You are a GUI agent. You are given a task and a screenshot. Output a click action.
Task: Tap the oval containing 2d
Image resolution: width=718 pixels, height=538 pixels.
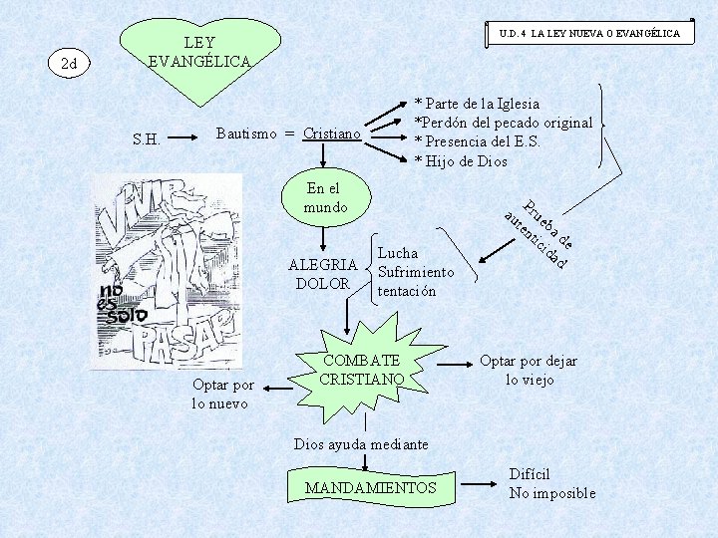pyautogui.click(x=70, y=65)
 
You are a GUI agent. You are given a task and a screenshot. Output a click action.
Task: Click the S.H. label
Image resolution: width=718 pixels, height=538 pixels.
pyautogui.click(x=147, y=138)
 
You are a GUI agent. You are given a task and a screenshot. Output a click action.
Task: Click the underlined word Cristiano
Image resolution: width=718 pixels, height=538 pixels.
pyautogui.click(x=332, y=134)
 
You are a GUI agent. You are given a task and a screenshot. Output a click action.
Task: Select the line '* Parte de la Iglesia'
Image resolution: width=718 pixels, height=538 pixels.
pyautogui.click(x=478, y=104)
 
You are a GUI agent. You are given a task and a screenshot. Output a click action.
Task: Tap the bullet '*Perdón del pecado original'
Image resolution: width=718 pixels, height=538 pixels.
pyautogui.click(x=504, y=123)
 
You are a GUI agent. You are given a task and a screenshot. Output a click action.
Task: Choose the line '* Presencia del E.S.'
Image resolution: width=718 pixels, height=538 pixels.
pyautogui.click(x=478, y=141)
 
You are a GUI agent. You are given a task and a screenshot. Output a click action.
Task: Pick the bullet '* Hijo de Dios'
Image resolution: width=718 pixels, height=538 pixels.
pyautogui.click(x=461, y=160)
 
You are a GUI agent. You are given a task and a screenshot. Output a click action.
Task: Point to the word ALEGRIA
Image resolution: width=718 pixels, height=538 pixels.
pyautogui.click(x=322, y=265)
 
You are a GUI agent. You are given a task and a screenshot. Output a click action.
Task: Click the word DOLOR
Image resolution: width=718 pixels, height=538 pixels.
pyautogui.click(x=322, y=284)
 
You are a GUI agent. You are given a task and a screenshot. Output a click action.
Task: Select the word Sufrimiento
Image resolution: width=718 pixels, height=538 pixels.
pyautogui.click(x=416, y=272)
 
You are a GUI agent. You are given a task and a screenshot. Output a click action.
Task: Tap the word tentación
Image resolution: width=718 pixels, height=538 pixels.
pyautogui.click(x=407, y=291)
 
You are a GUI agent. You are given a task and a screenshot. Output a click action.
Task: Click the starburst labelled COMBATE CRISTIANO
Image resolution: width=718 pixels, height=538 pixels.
pyautogui.click(x=361, y=370)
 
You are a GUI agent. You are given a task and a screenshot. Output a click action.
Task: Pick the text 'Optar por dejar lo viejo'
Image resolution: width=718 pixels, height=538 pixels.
pyautogui.click(x=529, y=370)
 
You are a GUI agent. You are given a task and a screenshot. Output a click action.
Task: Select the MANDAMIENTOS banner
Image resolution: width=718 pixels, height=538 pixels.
pyautogui.click(x=371, y=487)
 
